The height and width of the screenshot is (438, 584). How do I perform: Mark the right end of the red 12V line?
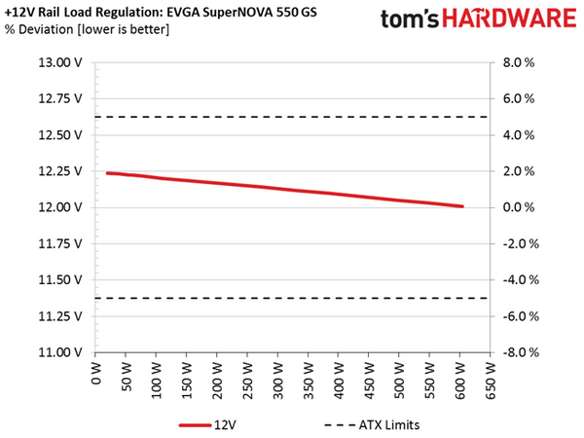461,206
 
